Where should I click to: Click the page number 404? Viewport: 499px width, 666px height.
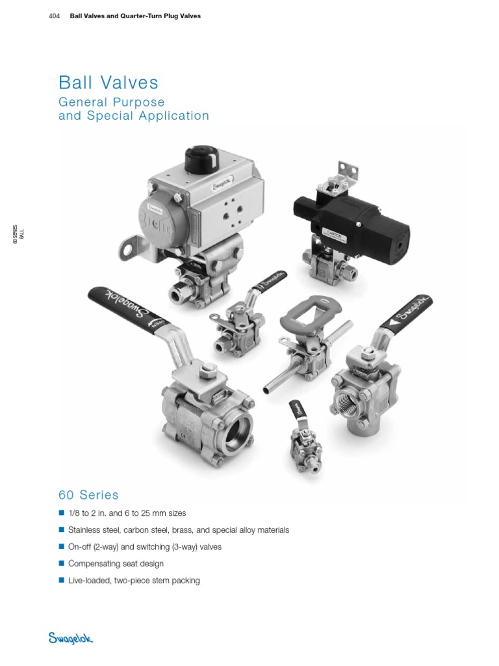tap(54, 16)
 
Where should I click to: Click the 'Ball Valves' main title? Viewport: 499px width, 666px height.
tap(109, 83)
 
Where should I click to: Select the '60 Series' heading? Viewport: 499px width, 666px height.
tap(89, 495)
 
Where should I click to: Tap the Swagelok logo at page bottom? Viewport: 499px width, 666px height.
tap(71, 639)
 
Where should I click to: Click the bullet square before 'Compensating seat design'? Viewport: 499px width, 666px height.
tap(62, 563)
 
